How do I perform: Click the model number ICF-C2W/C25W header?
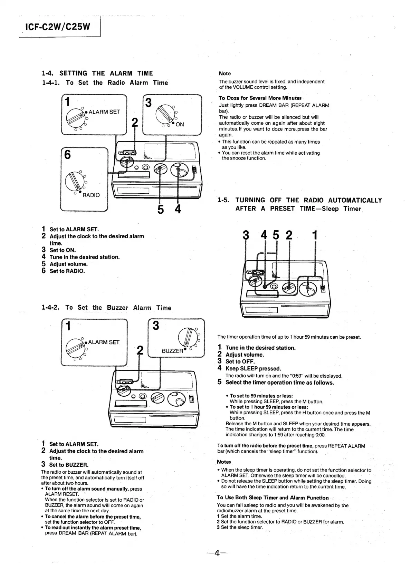coord(57,26)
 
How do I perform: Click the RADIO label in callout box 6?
coord(91,195)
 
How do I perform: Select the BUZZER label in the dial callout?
coord(172,351)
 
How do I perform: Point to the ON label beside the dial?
coord(180,124)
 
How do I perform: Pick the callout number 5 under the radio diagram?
coord(161,209)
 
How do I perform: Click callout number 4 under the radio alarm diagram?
coord(178,209)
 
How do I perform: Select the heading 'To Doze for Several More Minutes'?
coord(260,98)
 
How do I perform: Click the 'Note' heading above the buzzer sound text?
coord(225,74)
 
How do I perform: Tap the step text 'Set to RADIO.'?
coord(67,271)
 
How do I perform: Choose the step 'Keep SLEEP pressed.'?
coord(253,368)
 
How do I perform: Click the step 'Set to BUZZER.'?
coord(69,465)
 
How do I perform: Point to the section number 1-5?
coord(224,200)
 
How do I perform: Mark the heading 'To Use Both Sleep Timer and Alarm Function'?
coord(273,497)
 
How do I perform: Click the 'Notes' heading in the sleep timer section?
coord(224,462)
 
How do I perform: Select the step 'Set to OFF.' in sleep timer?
coord(240,361)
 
